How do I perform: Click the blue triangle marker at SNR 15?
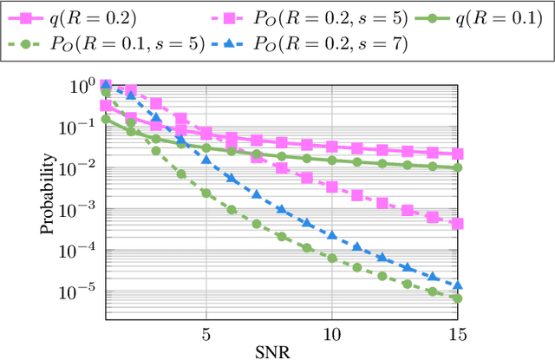pyautogui.click(x=458, y=285)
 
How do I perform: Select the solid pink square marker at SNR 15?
pyautogui.click(x=458, y=154)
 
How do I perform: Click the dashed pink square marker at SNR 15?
pyautogui.click(x=458, y=223)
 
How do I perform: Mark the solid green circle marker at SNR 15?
pyautogui.click(x=458, y=167)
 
